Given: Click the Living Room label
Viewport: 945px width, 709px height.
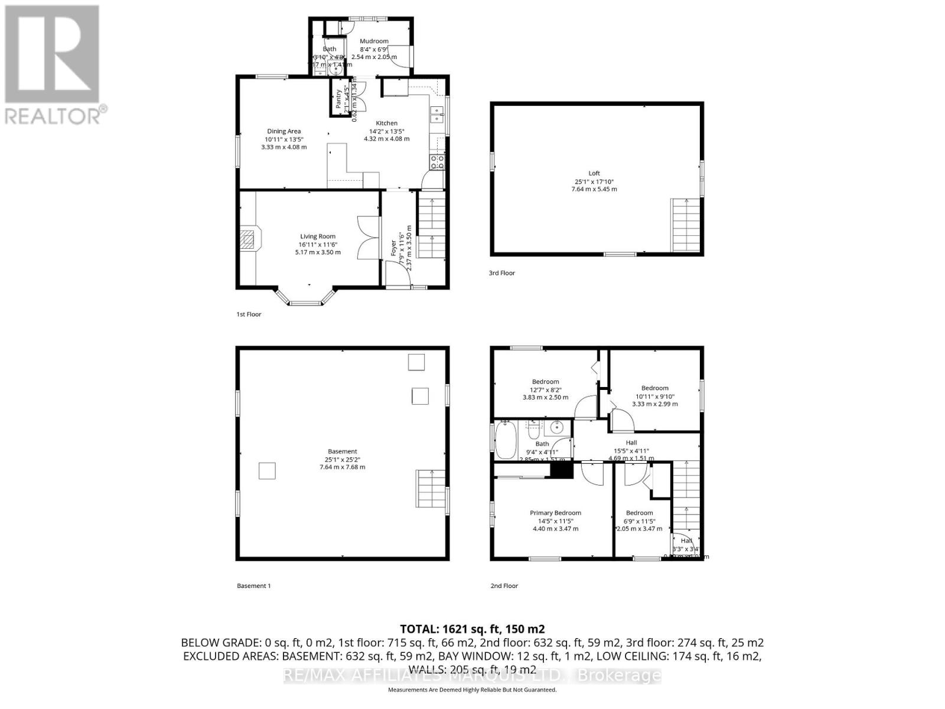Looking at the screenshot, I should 318,236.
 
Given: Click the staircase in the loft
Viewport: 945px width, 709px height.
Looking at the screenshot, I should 685,225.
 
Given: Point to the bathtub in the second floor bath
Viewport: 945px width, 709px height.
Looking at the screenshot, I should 506,440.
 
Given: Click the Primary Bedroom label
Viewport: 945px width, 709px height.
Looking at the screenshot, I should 555,513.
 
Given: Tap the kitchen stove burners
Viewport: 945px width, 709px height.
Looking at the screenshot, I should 438,162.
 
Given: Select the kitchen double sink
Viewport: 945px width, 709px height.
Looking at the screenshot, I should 437,114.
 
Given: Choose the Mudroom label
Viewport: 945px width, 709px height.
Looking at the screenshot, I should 374,41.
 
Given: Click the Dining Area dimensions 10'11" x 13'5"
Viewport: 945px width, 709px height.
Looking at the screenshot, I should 283,139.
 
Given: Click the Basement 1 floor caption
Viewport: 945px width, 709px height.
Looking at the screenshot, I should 253,586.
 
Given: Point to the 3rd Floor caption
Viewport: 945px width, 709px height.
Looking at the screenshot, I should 501,273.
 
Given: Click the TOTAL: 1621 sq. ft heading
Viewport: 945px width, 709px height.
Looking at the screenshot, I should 472,629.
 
